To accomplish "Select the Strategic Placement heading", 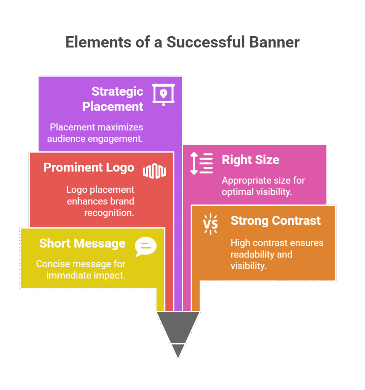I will click(x=113, y=99).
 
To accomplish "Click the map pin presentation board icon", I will click(x=163, y=94).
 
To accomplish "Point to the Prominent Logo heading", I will click(x=89, y=168).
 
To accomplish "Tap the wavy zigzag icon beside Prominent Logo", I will click(x=154, y=171).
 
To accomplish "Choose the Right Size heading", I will click(x=250, y=160).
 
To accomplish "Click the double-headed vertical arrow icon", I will click(x=194, y=163).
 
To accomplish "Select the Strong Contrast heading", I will click(x=275, y=221).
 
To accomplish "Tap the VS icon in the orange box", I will click(x=210, y=224).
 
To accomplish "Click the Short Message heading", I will click(x=82, y=243).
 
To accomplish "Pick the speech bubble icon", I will click(x=146, y=247).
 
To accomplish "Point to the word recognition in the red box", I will click(x=109, y=213).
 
